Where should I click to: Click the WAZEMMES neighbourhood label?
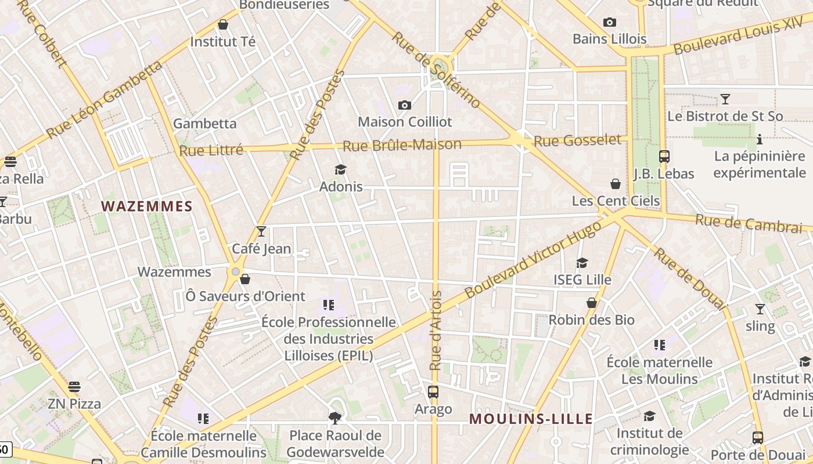click(146, 206)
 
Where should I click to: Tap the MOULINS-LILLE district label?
click(531, 419)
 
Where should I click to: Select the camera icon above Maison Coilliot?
click(405, 105)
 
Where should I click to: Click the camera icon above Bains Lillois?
click(609, 23)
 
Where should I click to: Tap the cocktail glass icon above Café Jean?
click(261, 231)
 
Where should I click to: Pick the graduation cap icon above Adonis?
click(340, 169)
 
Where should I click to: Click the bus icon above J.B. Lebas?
click(664, 157)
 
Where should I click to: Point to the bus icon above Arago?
click(433, 392)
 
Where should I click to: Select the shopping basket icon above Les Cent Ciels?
click(616, 184)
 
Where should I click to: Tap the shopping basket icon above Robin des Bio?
click(591, 303)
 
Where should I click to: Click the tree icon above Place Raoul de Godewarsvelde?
click(335, 418)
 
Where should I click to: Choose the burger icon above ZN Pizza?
click(74, 387)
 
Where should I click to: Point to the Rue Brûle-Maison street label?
click(402, 145)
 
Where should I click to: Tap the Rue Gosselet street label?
click(577, 140)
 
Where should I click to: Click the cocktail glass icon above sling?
click(760, 309)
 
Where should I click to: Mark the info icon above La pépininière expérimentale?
click(759, 139)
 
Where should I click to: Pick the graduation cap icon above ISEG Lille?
click(582, 263)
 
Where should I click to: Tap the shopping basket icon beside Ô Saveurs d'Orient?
click(245, 280)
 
